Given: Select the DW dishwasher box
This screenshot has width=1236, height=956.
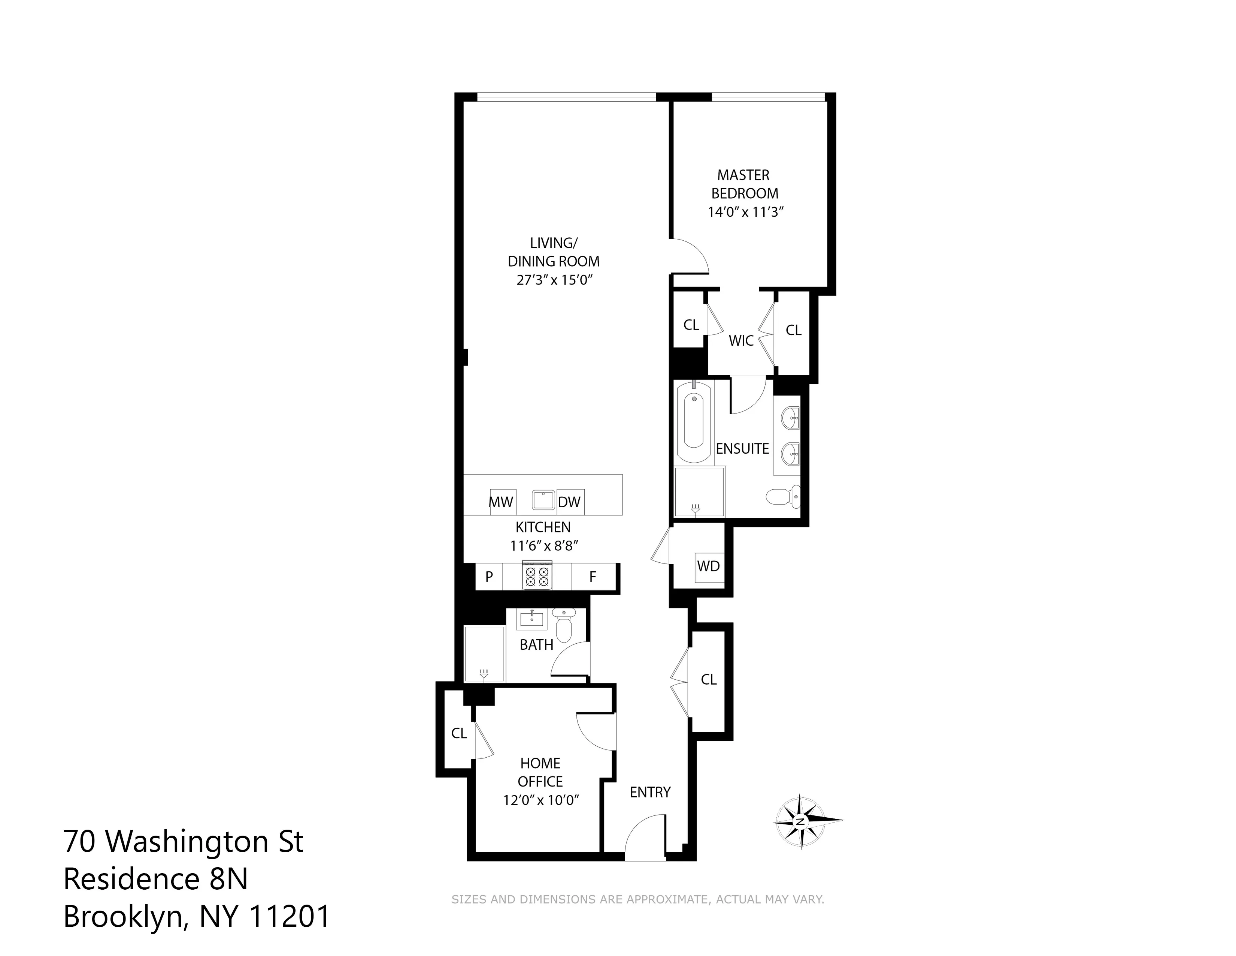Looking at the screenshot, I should click(570, 502).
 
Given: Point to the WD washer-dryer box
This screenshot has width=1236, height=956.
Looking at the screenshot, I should click(709, 566).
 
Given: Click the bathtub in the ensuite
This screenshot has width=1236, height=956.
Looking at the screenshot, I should click(694, 422).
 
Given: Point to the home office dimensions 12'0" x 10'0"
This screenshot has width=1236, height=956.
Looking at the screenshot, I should click(541, 800).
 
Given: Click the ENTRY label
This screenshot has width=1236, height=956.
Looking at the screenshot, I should click(650, 792).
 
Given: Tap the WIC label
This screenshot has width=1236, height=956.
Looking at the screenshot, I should click(741, 341).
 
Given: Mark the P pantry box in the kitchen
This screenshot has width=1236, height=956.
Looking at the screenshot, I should click(489, 577).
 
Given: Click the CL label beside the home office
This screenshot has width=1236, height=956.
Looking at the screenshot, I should click(459, 733).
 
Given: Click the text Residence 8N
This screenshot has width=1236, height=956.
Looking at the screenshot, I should click(156, 880).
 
